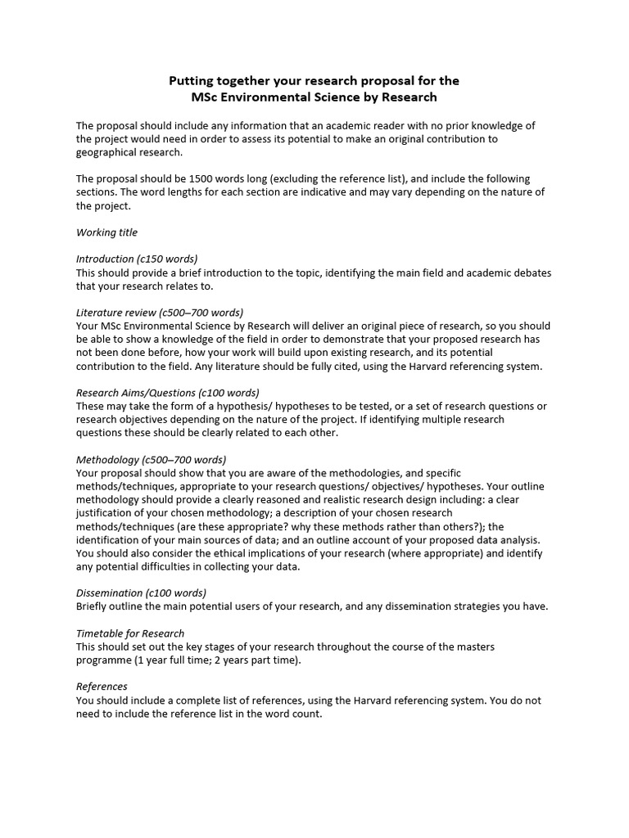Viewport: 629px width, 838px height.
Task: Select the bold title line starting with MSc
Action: pyautogui.click(x=314, y=97)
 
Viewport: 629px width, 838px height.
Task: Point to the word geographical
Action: pyautogui.click(x=110, y=152)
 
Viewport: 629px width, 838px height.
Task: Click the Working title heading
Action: pyautogui.click(x=107, y=232)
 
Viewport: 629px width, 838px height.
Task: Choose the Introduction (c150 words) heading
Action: pyautogui.click(x=137, y=259)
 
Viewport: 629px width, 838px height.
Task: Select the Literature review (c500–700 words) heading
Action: pyautogui.click(x=160, y=312)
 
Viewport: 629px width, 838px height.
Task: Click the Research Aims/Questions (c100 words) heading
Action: pyautogui.click(x=167, y=392)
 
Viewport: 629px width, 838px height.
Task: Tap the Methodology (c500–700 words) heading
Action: pyautogui.click(x=151, y=459)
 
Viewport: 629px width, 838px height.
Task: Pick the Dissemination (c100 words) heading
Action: pyautogui.click(x=141, y=592)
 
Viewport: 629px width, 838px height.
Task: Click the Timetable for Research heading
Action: pyautogui.click(x=130, y=633)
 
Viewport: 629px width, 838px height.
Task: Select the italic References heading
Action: pyautogui.click(x=102, y=686)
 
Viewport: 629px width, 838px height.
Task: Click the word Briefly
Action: pyautogui.click(x=93, y=606)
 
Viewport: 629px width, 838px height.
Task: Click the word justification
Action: pyautogui.click(x=107, y=513)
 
